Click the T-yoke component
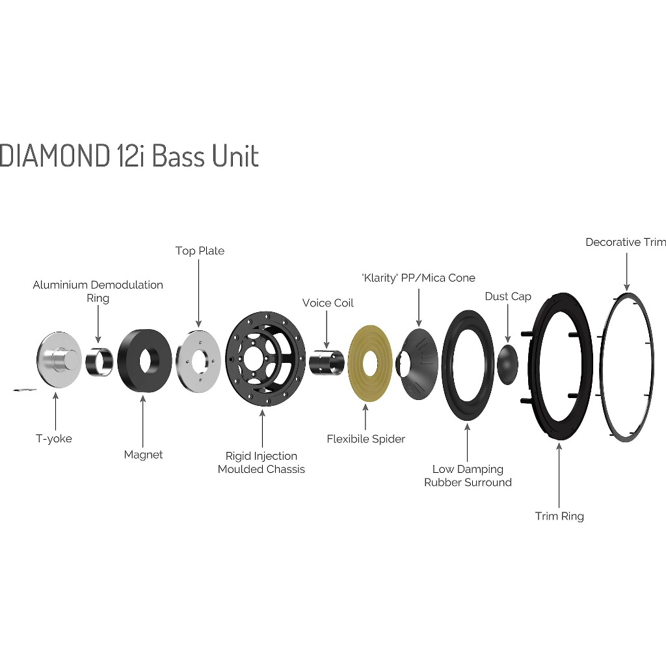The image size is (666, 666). pos(59,359)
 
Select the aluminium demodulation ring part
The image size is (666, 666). pos(100,362)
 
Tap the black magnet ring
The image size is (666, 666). pos(144,361)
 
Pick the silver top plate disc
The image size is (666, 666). pos(198,362)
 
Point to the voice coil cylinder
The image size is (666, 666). pos(326,362)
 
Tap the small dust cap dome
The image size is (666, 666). pos(508,364)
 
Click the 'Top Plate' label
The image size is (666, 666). pos(200,250)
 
